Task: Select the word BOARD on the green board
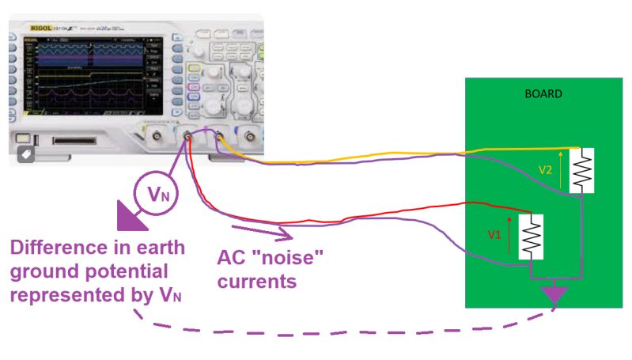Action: pyautogui.click(x=543, y=93)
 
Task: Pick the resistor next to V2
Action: pyautogui.click(x=584, y=169)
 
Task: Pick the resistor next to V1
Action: pyautogui.click(x=530, y=235)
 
